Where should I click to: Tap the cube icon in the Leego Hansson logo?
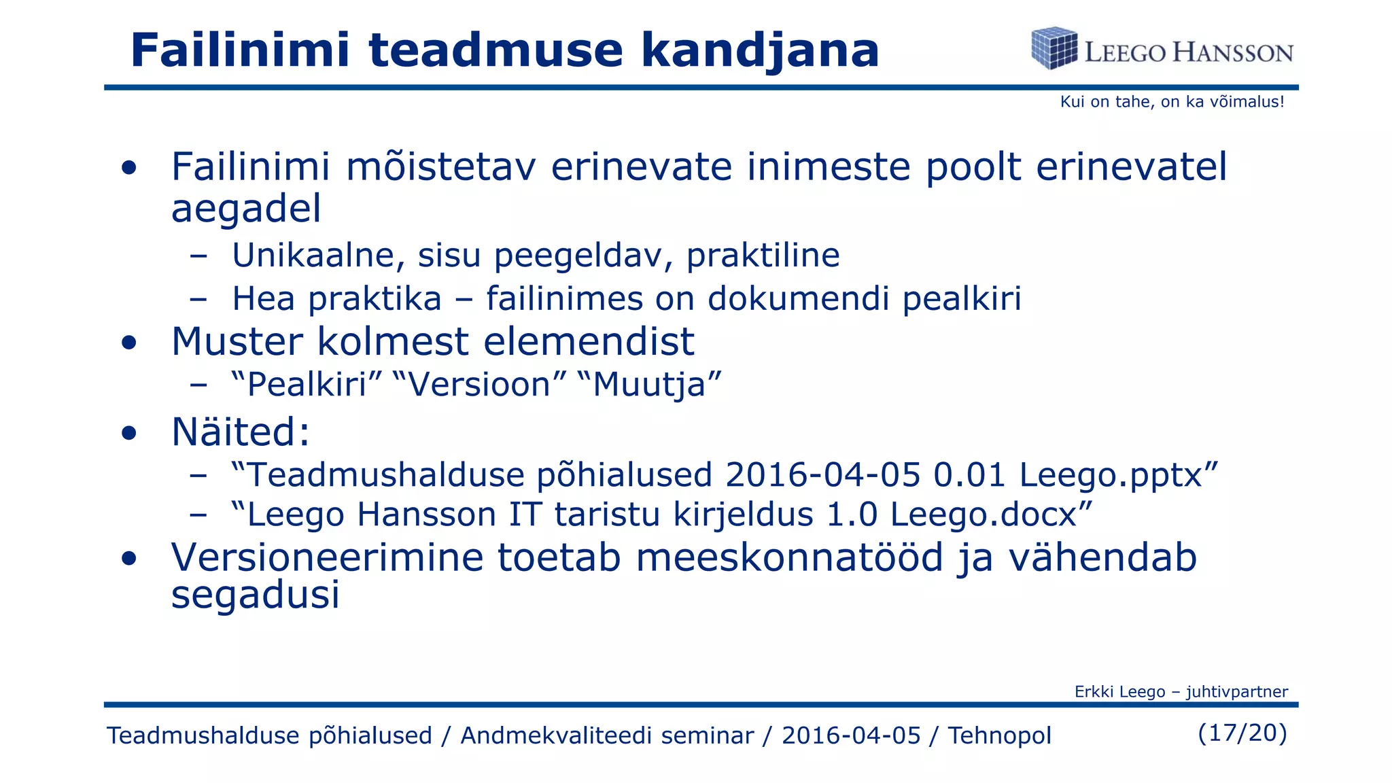click(1054, 48)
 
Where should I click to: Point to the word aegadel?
click(246, 209)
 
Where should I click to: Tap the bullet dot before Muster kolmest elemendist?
click(129, 343)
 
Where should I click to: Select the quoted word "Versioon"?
click(479, 385)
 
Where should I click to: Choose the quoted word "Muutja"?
click(649, 385)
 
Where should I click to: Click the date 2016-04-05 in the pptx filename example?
click(822, 474)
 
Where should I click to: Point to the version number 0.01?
click(969, 474)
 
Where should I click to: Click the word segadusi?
click(255, 595)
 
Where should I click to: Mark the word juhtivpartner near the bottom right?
click(1237, 692)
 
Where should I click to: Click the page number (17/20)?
click(1242, 733)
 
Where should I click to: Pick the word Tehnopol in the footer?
click(999, 735)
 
